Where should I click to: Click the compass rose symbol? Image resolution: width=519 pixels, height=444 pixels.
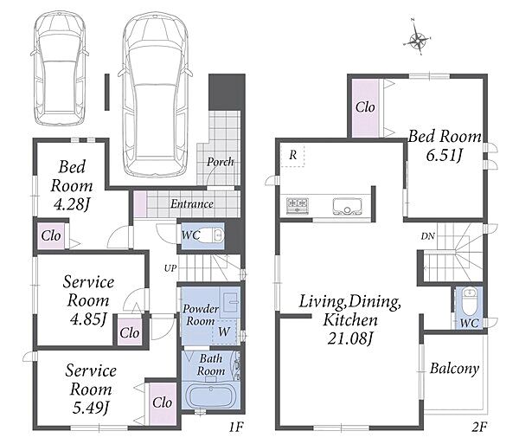[418, 41]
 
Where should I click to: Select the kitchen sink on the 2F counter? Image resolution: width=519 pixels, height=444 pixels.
[346, 206]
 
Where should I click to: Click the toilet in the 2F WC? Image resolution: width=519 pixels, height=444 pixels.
[470, 301]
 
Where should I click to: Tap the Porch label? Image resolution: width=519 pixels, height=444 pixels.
[220, 162]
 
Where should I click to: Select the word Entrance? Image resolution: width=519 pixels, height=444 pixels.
[192, 203]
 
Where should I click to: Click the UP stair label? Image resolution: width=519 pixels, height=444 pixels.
[170, 268]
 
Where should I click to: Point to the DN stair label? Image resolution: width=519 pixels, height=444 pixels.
[428, 236]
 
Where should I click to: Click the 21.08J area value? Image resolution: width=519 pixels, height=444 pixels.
[351, 338]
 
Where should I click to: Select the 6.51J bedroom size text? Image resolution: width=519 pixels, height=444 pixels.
[445, 155]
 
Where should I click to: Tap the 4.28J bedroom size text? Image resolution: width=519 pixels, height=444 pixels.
[72, 204]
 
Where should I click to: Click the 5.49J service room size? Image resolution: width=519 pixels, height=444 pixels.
[91, 408]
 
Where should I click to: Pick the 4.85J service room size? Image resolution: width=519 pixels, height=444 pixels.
[88, 319]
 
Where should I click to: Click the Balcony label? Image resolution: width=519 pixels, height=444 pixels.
[454, 369]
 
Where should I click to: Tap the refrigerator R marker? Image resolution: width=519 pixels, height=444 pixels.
[293, 155]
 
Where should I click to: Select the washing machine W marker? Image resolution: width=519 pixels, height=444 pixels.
[224, 331]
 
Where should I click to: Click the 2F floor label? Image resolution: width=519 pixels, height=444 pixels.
[479, 427]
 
